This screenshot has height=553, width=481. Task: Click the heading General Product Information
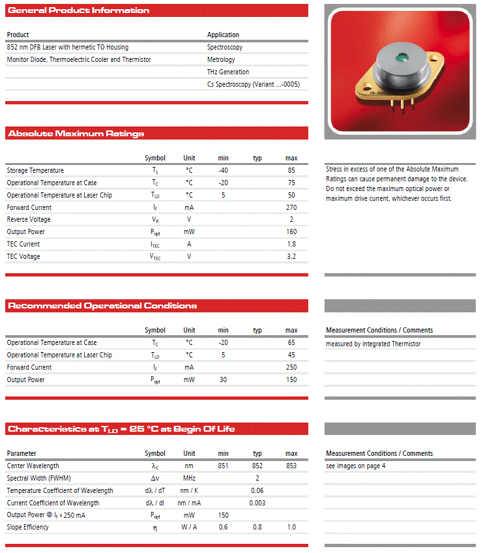pos(78,10)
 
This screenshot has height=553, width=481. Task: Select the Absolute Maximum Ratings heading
pos(76,134)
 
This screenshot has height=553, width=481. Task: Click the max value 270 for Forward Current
pos(291,207)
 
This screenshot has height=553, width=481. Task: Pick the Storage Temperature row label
pos(35,170)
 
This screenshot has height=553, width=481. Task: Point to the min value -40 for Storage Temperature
pos(224,170)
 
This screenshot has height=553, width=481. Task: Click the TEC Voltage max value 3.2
pos(291,256)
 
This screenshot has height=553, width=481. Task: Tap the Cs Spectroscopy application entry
pos(253,84)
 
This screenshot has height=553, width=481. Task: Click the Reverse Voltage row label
pos(29,220)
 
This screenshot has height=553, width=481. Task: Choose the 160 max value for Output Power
pos(291,232)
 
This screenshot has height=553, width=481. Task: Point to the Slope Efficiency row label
pos(27,527)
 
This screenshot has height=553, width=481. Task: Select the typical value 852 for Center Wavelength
pos(257,466)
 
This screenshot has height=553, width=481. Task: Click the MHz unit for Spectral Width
pos(189,478)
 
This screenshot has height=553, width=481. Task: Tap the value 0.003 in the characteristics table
pos(257,503)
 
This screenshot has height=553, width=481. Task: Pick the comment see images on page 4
pos(355,466)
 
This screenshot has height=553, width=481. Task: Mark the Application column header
pos(223,35)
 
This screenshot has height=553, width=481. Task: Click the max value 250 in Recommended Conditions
pos(291,367)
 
